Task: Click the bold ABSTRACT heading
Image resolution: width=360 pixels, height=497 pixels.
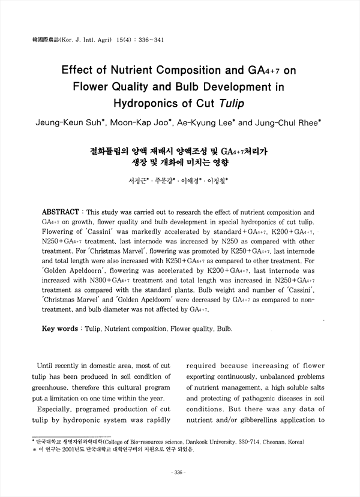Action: tap(59, 212)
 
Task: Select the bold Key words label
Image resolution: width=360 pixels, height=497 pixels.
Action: tap(59, 329)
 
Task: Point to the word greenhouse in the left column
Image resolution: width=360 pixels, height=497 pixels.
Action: tap(53, 386)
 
